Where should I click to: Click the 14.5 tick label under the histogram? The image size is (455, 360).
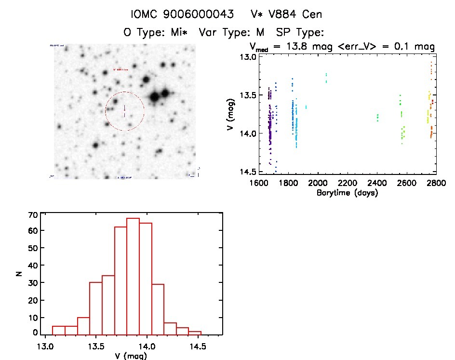pos(197,346)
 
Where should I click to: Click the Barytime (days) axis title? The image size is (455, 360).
pos(347,193)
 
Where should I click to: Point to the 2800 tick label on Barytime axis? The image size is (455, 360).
pos(436,183)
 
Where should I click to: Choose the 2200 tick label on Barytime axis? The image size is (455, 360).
pos(348,183)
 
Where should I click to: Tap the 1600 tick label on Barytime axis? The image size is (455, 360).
pos(259,183)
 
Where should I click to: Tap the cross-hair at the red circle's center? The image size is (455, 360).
pos(124,111)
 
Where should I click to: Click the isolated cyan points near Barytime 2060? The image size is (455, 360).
pos(326,78)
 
